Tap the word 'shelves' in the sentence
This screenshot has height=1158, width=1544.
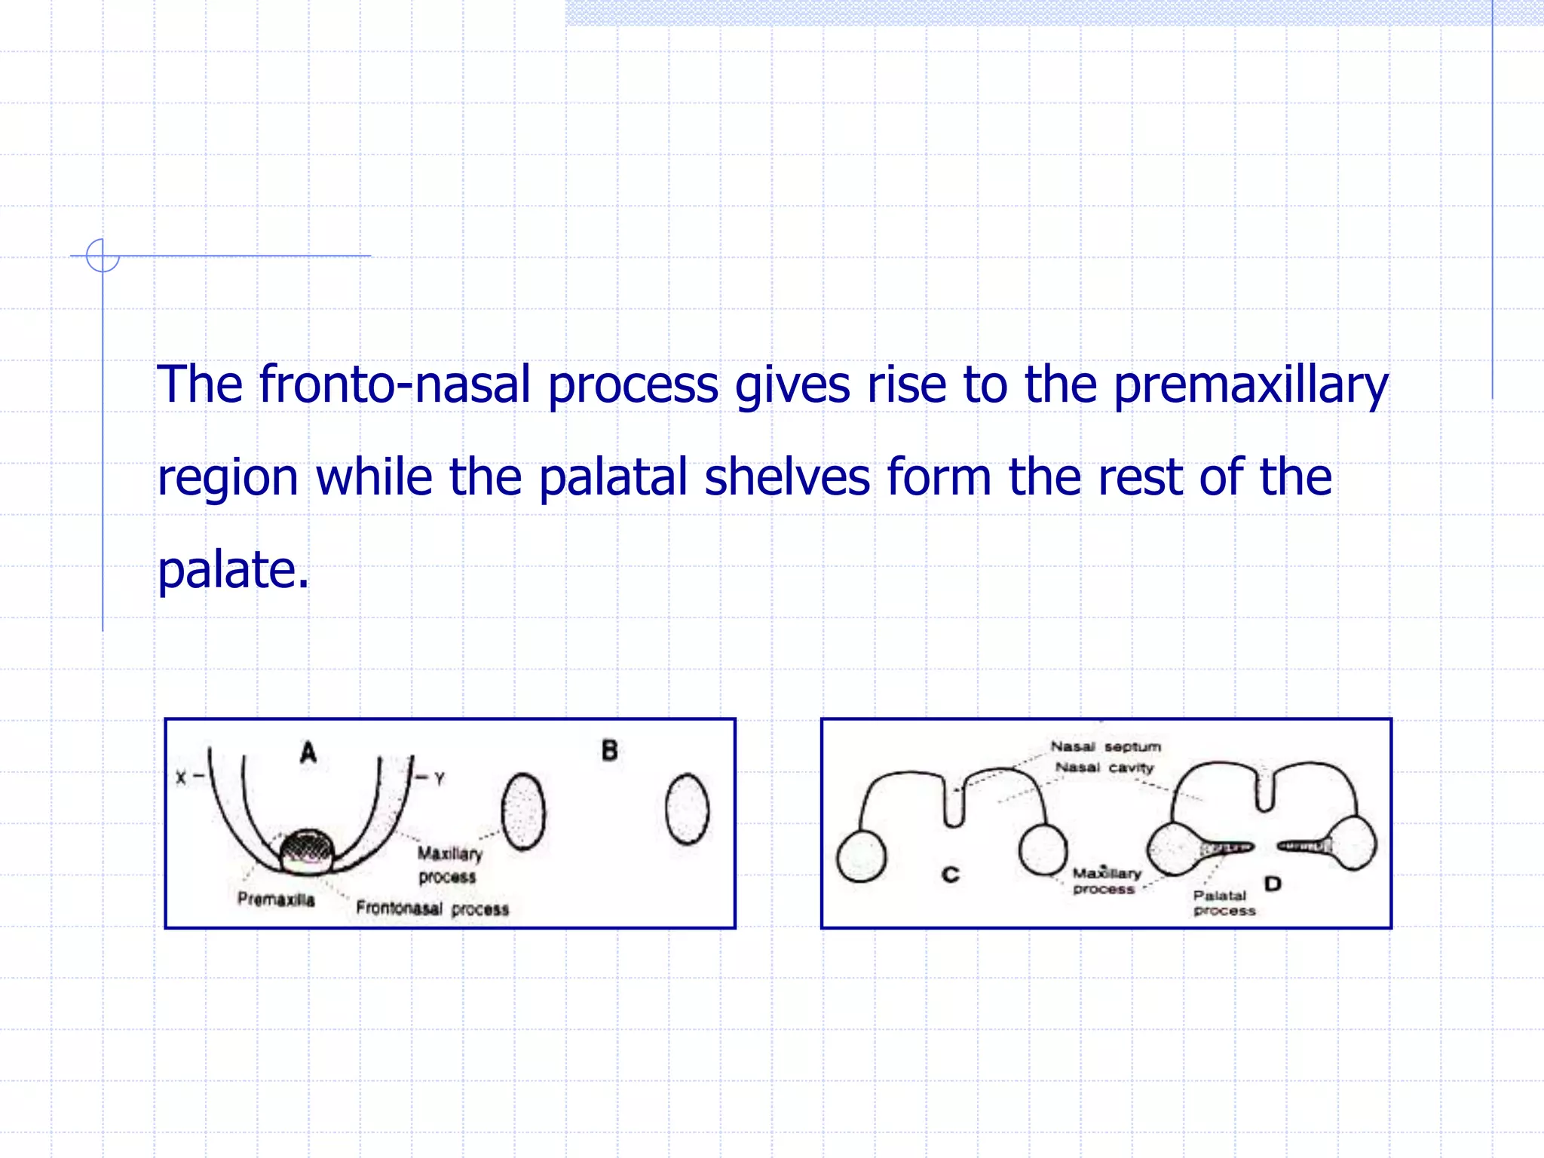(787, 478)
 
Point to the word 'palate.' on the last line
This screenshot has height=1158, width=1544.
(233, 570)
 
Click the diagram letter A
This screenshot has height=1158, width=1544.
(308, 752)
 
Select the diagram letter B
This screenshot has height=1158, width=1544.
(610, 751)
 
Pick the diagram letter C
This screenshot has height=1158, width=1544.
(951, 875)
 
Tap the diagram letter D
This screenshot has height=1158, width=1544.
(1273, 883)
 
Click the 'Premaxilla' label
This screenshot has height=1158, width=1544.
(276, 899)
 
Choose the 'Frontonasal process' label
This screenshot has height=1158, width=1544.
(432, 908)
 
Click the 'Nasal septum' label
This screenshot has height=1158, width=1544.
(1105, 747)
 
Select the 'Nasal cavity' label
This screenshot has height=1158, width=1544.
(1104, 767)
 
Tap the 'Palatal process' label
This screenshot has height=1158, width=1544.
(1224, 903)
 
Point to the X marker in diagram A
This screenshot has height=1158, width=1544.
(180, 777)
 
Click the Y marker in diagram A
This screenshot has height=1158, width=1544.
(440, 778)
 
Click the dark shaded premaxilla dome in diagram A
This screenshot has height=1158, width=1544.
(307, 849)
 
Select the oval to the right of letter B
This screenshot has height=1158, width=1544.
(687, 809)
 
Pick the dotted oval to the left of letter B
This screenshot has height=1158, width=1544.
(523, 812)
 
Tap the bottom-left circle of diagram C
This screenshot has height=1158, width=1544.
(861, 856)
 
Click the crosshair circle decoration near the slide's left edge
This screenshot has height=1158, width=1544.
(103, 256)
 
